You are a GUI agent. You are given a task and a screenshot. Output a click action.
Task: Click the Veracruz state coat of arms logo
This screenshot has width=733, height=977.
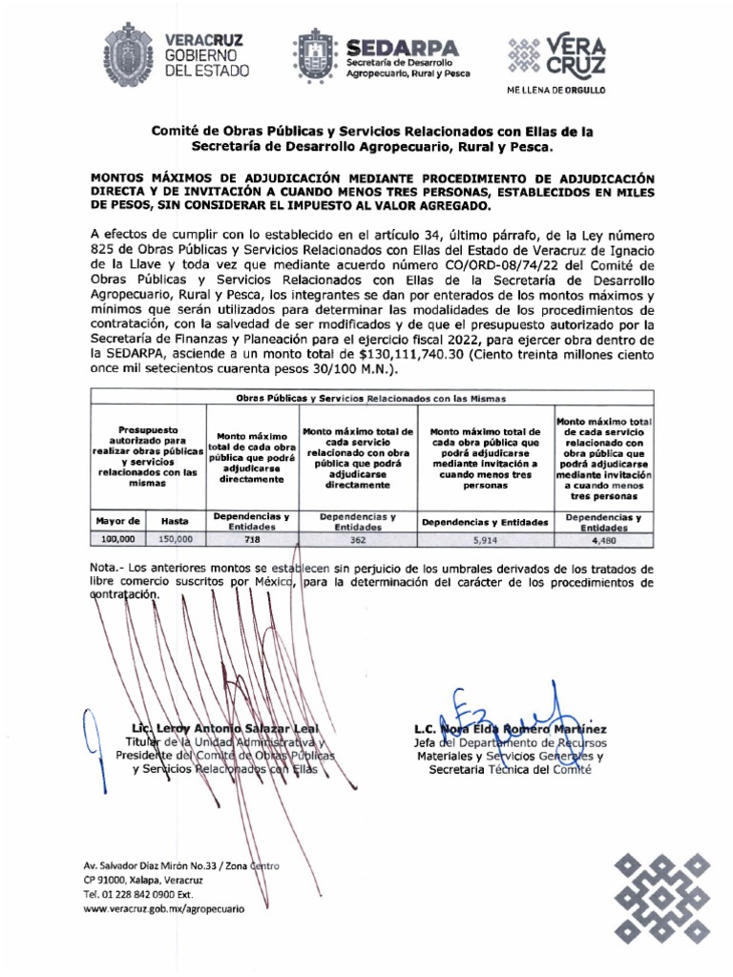[x=126, y=55]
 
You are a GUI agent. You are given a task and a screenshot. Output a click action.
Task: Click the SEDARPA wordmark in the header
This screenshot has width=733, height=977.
[x=402, y=47]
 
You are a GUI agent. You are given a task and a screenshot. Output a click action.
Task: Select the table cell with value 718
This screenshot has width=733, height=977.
[x=252, y=539]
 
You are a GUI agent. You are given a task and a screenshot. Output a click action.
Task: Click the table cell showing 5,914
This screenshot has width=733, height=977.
[x=485, y=539]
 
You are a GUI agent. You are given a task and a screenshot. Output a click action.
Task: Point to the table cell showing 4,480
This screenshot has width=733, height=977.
[x=603, y=539]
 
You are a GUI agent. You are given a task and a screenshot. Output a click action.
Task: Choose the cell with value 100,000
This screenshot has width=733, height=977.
[x=118, y=539]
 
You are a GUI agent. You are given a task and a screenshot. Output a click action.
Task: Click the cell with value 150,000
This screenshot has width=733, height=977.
[x=175, y=539]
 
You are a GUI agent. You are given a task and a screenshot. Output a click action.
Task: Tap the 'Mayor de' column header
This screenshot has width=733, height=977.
[x=118, y=521]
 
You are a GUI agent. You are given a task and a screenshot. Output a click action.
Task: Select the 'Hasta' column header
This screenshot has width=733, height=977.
[x=175, y=521]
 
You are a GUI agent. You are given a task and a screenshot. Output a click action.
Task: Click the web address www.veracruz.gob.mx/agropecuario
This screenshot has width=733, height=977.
[x=164, y=910]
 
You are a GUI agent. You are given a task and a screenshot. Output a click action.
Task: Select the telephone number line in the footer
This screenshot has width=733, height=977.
[x=138, y=895]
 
